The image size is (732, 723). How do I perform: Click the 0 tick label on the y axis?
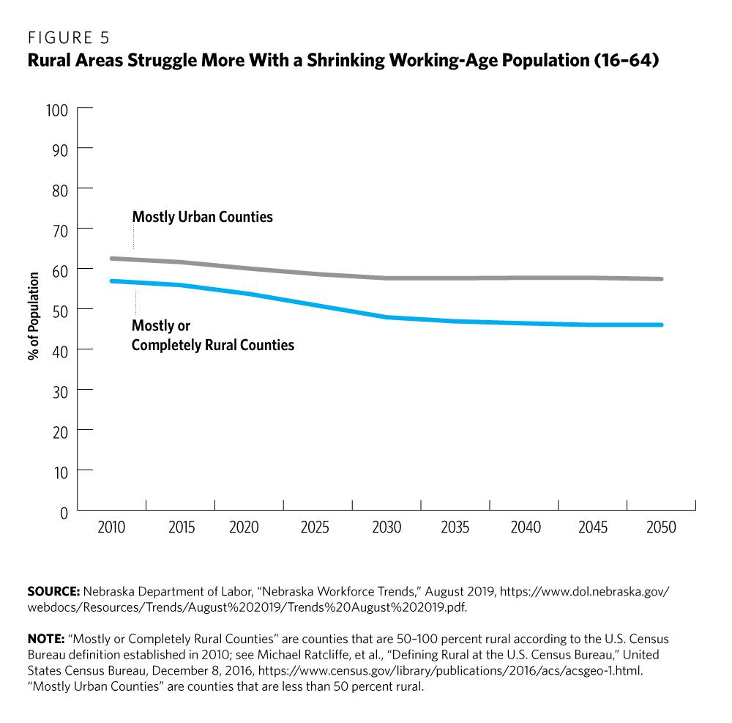[63, 511]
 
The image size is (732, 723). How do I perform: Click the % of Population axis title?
[34, 316]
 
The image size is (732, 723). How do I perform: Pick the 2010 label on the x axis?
[112, 527]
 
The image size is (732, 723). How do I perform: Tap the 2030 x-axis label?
[386, 527]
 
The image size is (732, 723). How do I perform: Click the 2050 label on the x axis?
[662, 527]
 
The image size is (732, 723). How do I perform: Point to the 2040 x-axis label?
[524, 527]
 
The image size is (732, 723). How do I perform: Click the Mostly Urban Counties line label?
[202, 217]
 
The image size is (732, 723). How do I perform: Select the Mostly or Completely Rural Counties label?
[212, 335]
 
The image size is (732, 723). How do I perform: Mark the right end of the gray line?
[662, 279]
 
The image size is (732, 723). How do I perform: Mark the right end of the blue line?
[662, 325]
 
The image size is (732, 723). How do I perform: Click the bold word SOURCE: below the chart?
[54, 590]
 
